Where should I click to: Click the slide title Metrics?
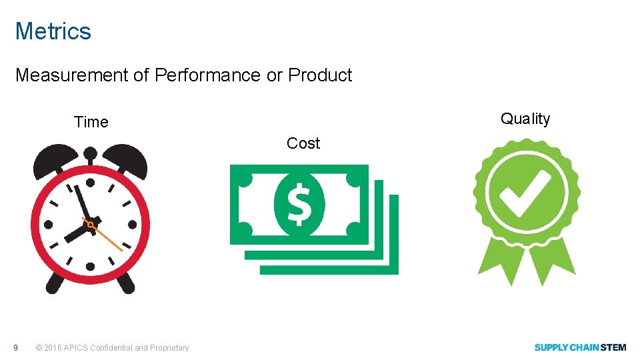click(x=53, y=31)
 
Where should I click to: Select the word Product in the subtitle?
click(x=320, y=75)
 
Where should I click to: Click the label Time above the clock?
click(x=91, y=122)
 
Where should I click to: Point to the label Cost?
click(x=303, y=143)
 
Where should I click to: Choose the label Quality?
click(x=525, y=119)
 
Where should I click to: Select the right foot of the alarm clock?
click(x=125, y=284)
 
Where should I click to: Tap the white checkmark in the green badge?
click(x=526, y=194)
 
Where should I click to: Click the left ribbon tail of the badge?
click(x=497, y=264)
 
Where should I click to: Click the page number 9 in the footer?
click(x=17, y=347)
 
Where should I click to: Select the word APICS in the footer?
click(x=77, y=347)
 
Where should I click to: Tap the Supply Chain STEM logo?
click(x=580, y=347)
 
